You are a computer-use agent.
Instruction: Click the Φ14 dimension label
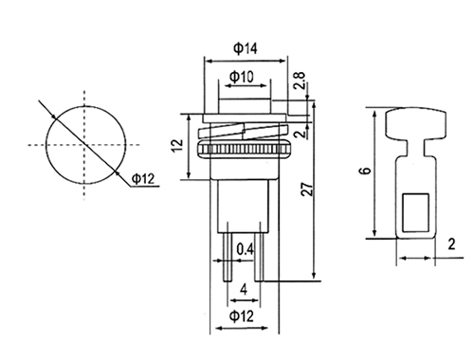(x=246, y=48)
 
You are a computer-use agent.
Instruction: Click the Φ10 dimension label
(x=242, y=77)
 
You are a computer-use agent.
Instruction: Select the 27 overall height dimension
(x=307, y=189)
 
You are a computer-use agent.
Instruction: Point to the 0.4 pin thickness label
(x=246, y=249)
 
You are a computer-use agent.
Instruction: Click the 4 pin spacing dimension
(x=244, y=289)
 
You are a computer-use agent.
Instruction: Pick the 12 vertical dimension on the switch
(x=178, y=145)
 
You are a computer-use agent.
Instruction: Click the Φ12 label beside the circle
(x=143, y=179)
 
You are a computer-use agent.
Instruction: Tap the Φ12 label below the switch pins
(x=242, y=315)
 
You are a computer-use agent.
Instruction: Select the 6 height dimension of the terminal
(x=365, y=171)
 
